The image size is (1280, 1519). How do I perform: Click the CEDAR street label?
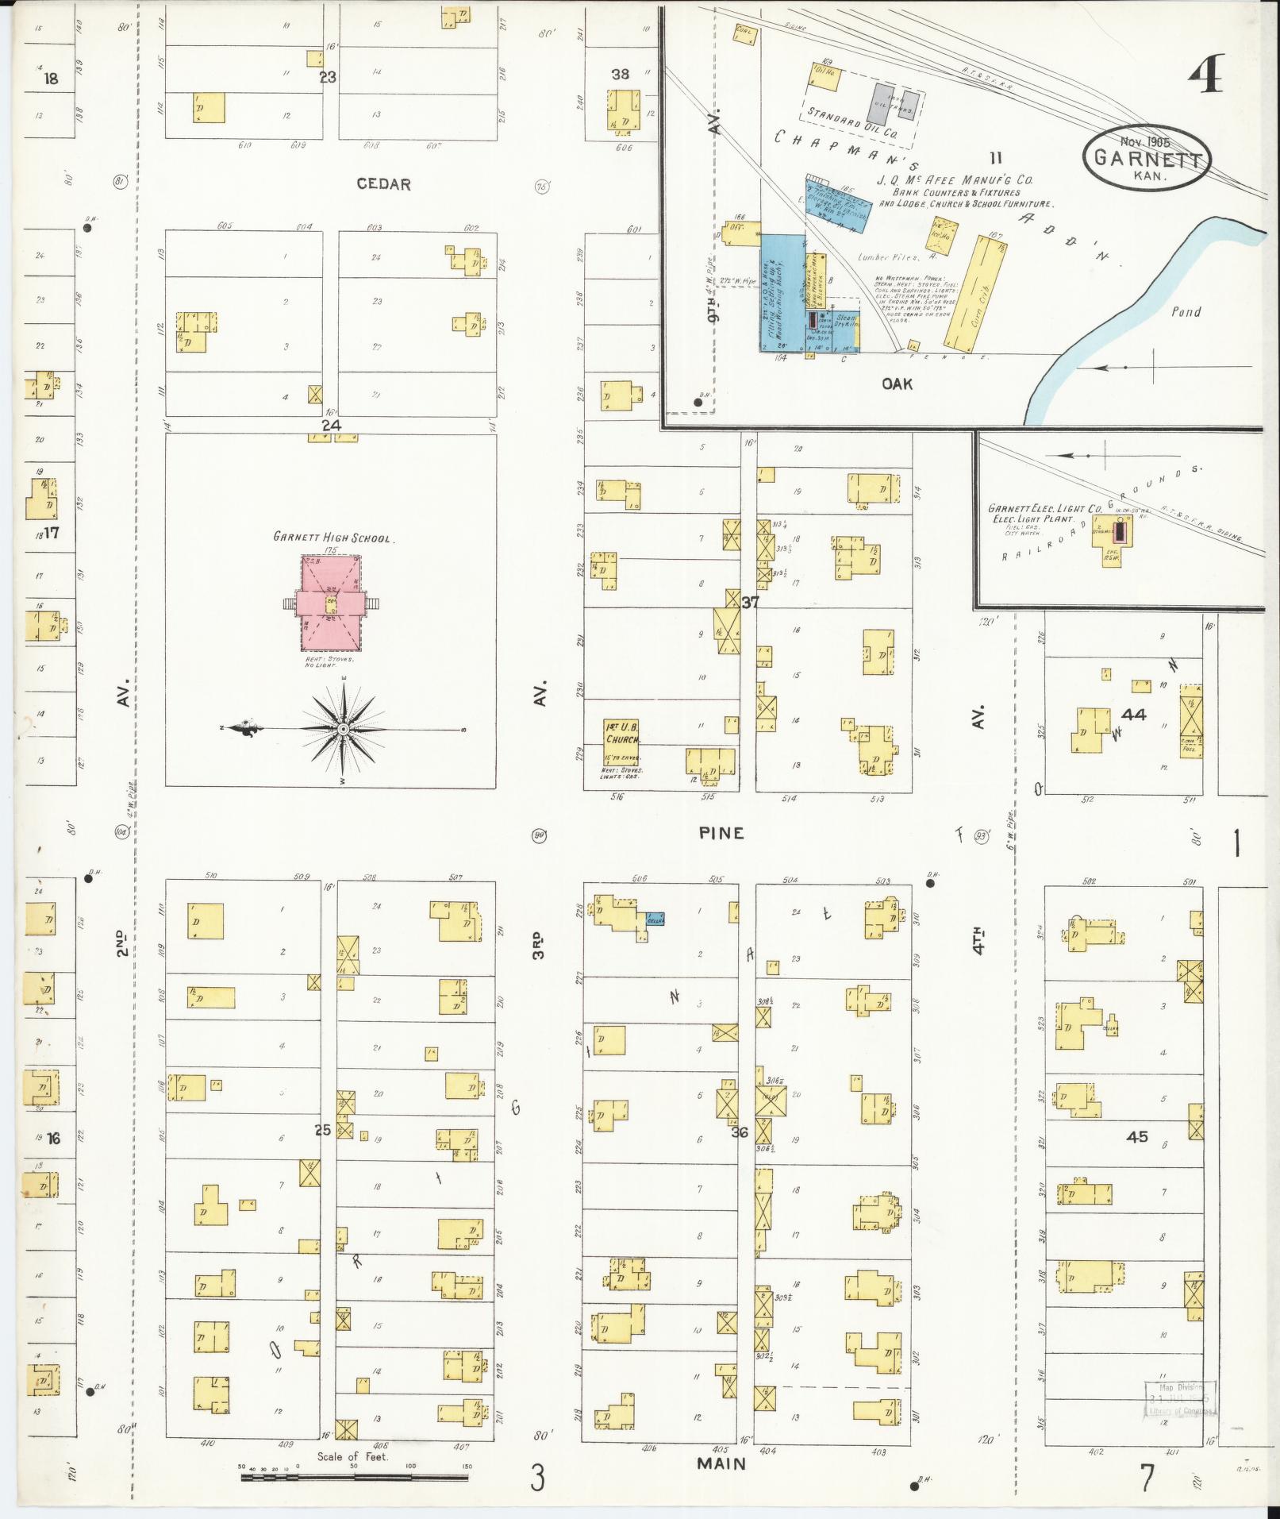pyautogui.click(x=383, y=184)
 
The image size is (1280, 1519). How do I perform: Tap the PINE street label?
pyautogui.click(x=721, y=833)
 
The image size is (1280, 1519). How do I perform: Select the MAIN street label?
pyautogui.click(x=722, y=1463)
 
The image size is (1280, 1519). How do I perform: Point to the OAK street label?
pyautogui.click(x=897, y=384)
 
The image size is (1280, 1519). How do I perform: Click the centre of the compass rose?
pyautogui.click(x=343, y=728)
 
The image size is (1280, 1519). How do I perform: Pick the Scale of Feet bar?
pyautogui.click(x=355, y=1477)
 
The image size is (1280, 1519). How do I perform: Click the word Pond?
pyautogui.click(x=1186, y=312)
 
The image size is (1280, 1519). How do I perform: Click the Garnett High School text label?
pyautogui.click(x=332, y=538)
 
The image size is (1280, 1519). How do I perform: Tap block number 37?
pyautogui.click(x=750, y=603)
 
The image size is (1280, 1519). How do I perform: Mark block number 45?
pyautogui.click(x=1137, y=1136)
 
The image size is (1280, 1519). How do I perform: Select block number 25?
pyautogui.click(x=322, y=1130)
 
